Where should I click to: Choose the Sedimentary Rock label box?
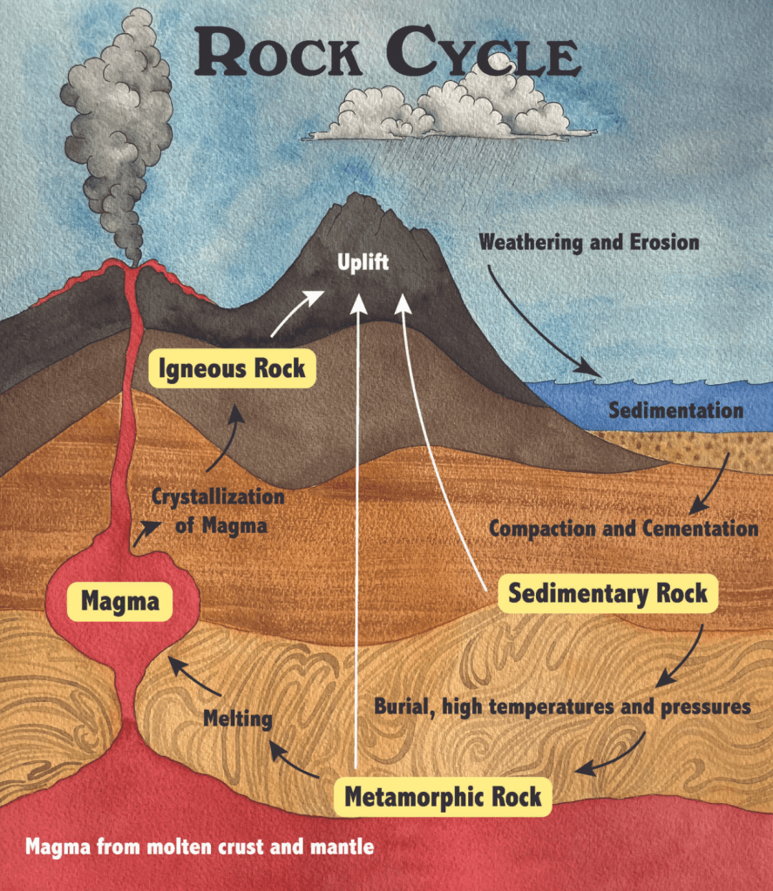[x=607, y=595]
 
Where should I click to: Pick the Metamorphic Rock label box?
[x=443, y=795]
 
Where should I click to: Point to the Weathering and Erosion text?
[x=589, y=241]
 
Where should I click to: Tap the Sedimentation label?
[x=675, y=410]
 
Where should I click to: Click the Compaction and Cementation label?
[x=623, y=528]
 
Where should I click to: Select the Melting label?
[x=238, y=719]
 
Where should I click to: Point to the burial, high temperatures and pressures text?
[x=562, y=705]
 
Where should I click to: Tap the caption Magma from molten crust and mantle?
[x=200, y=846]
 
